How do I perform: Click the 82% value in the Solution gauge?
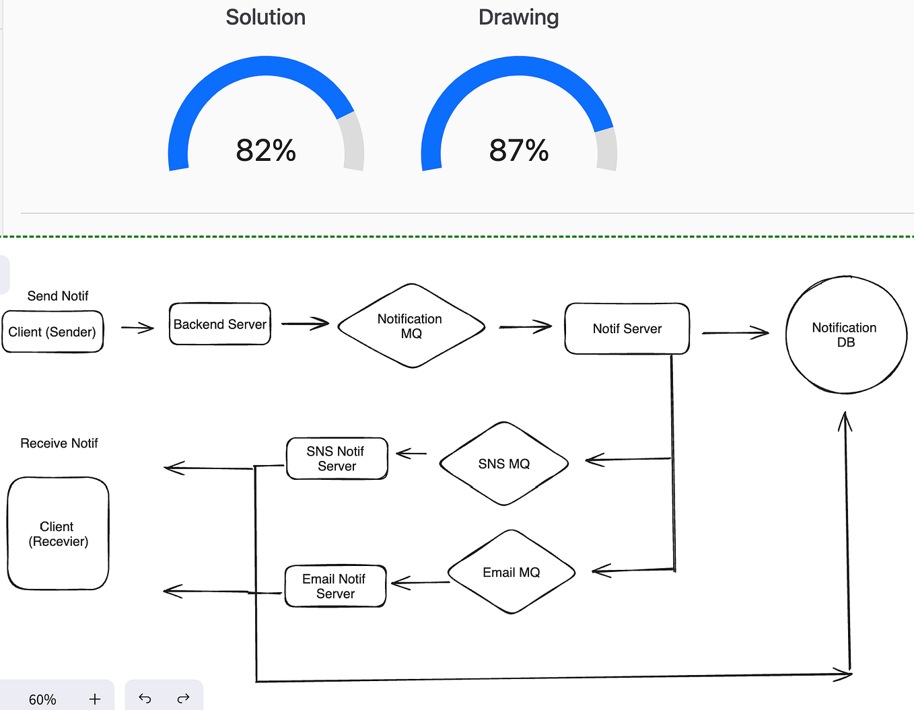click(x=266, y=150)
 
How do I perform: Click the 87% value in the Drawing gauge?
click(x=519, y=150)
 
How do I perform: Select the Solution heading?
click(x=265, y=17)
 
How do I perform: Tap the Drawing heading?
click(x=518, y=17)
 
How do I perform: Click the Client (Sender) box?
click(x=52, y=332)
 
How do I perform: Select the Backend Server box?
click(x=220, y=324)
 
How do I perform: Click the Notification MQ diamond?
click(x=411, y=326)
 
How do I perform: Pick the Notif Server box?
click(x=627, y=328)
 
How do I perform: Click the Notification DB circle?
click(x=845, y=334)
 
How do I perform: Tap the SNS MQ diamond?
click(x=503, y=464)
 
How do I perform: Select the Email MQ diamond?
click(x=511, y=572)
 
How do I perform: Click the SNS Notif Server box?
click(x=337, y=458)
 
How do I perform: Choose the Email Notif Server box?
click(x=335, y=586)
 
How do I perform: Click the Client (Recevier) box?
click(x=58, y=534)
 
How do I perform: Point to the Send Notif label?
click(x=58, y=296)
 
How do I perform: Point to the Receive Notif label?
click(x=59, y=443)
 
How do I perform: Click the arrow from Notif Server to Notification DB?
click(x=735, y=332)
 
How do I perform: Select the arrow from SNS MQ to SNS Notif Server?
click(x=412, y=454)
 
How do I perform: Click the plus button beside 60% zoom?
click(x=95, y=699)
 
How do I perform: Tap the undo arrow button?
click(x=145, y=699)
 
